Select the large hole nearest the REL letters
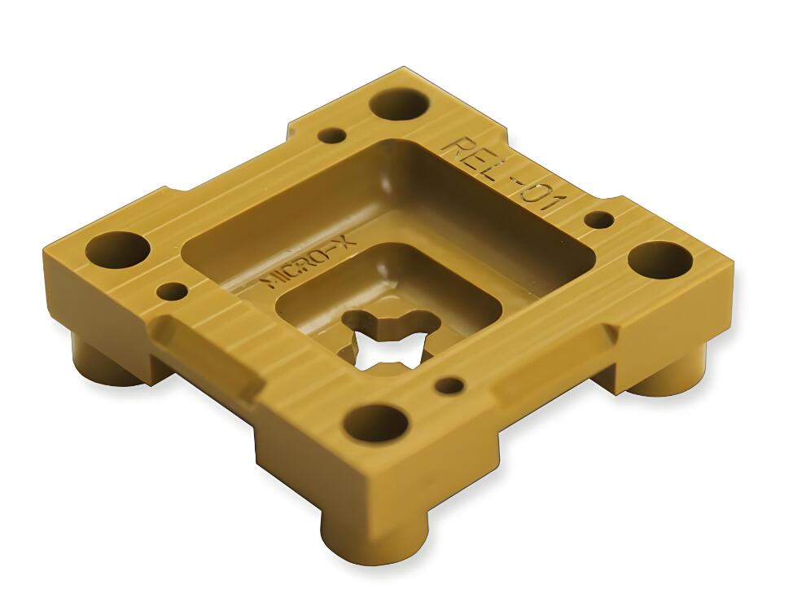point(399,103)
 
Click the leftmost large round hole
point(118,250)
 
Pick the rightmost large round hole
point(660,260)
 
